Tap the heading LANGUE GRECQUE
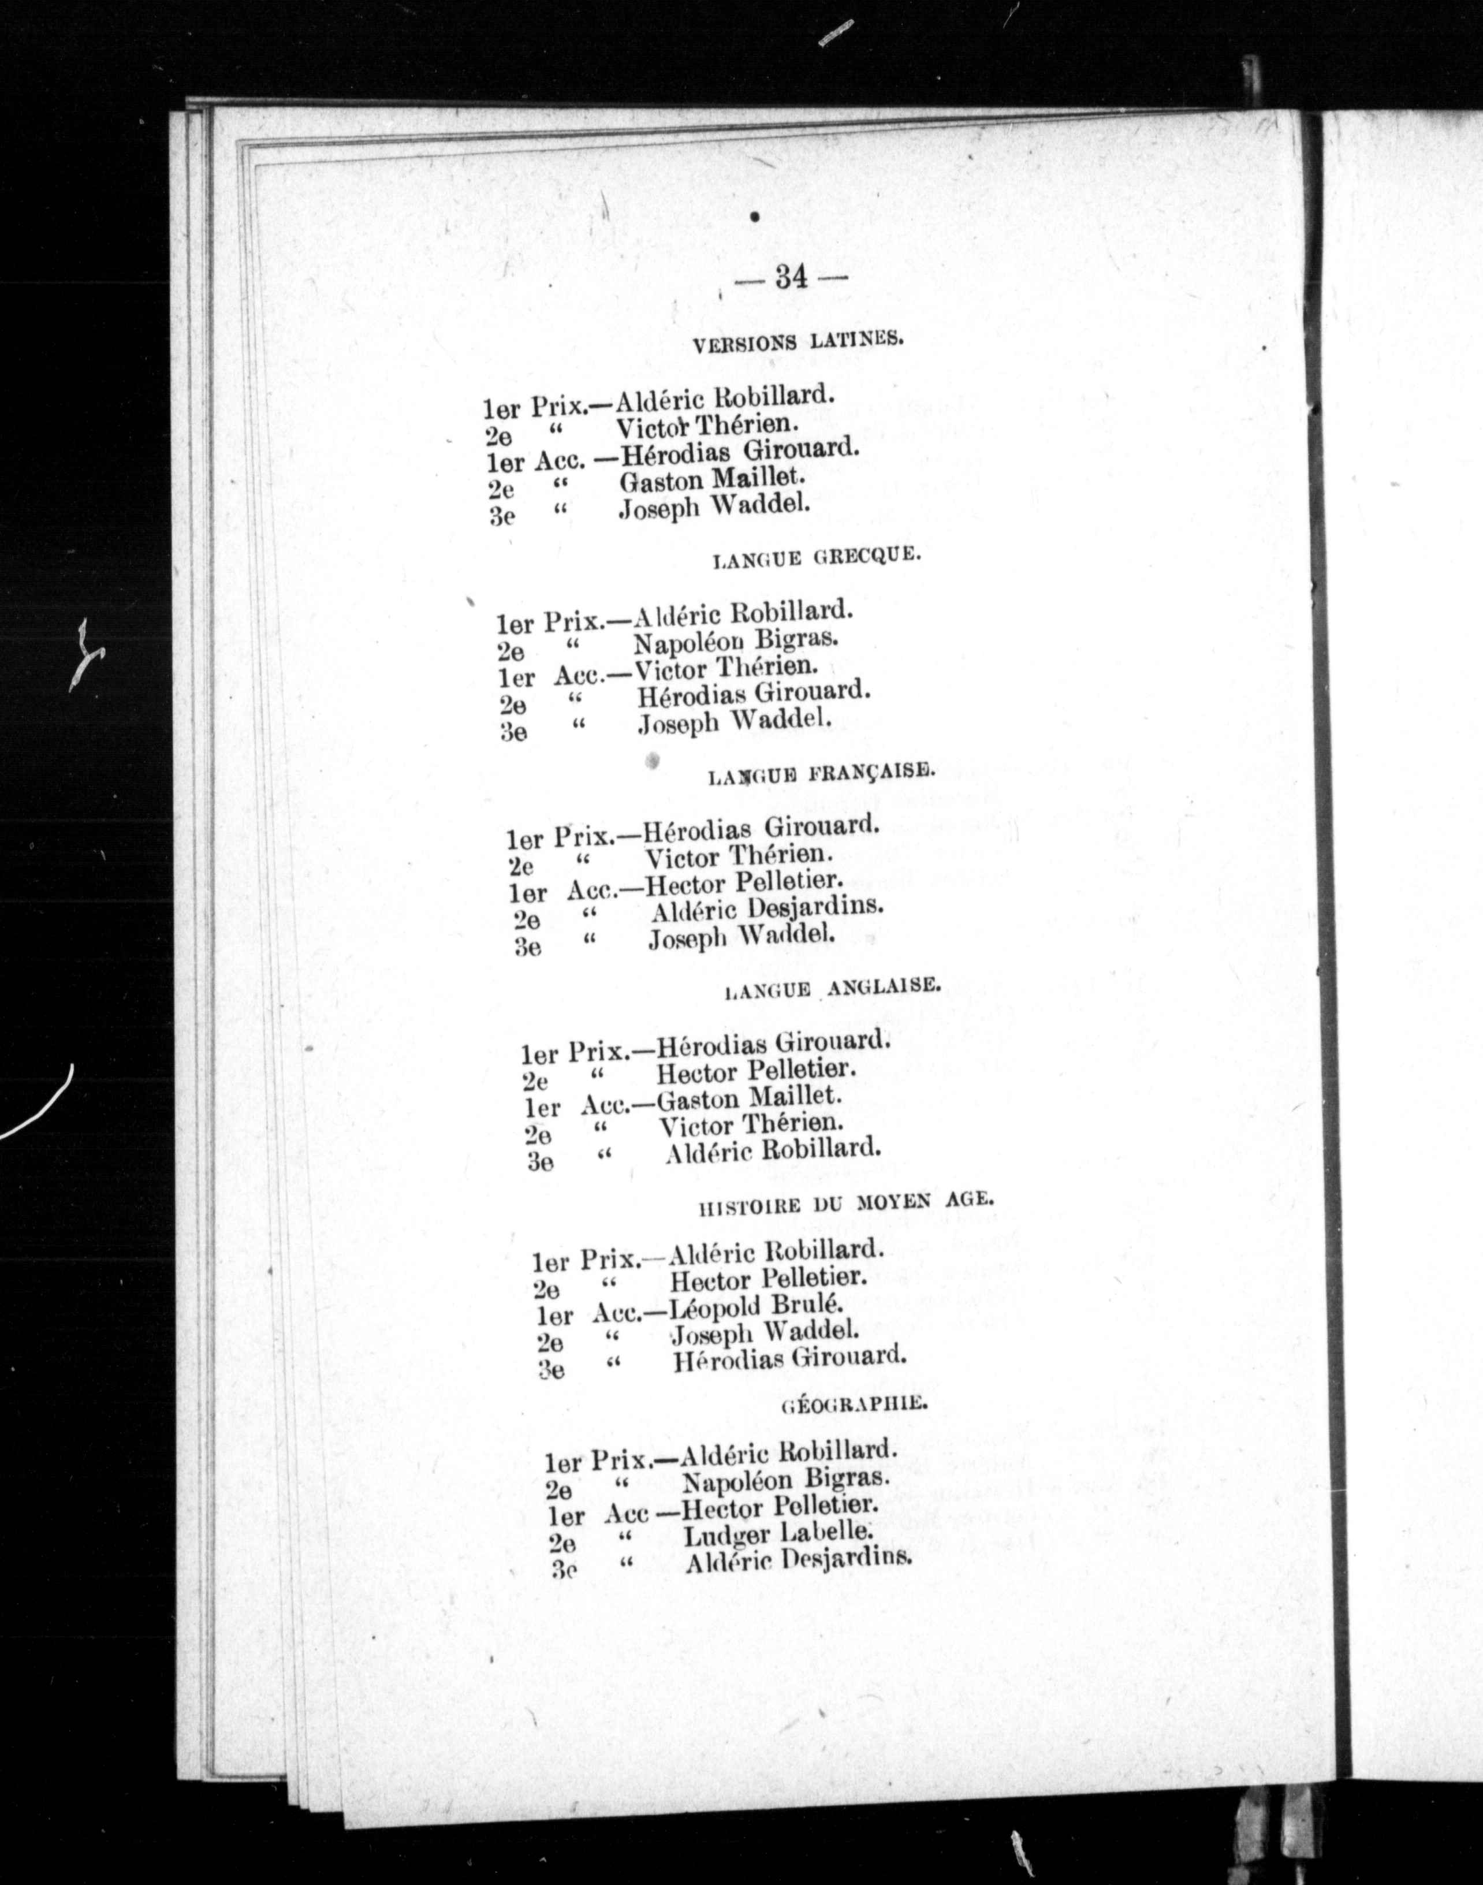(x=814, y=558)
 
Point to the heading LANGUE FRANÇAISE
(x=821, y=774)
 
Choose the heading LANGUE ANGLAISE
(x=832, y=988)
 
